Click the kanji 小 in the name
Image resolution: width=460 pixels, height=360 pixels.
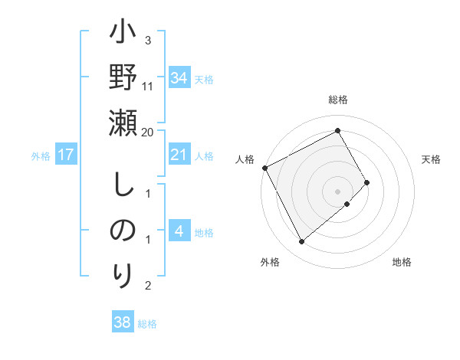(123, 34)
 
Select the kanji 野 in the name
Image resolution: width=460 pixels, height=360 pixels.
(123, 77)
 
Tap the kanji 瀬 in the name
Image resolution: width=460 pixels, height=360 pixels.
(123, 122)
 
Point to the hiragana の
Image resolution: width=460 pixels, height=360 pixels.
(123, 230)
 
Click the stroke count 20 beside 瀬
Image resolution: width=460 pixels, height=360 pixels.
(148, 133)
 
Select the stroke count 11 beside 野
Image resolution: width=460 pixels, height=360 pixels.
(148, 87)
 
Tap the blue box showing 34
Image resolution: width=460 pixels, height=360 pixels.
(179, 78)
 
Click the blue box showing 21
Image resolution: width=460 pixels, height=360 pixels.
(179, 155)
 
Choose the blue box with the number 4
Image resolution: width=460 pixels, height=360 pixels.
(179, 231)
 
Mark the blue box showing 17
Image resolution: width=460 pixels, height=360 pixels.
(65, 155)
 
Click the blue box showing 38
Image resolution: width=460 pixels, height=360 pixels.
(122, 322)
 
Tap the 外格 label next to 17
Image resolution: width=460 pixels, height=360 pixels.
(41, 156)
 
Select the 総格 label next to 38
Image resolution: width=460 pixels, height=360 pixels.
(147, 324)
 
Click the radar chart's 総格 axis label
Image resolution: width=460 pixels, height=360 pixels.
(338, 100)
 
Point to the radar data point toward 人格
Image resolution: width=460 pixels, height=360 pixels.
(264, 168)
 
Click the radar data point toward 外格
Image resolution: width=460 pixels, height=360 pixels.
(301, 242)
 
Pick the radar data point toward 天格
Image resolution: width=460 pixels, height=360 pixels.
(367, 182)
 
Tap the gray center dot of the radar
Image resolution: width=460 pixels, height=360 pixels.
(338, 191)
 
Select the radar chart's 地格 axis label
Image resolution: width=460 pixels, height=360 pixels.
(402, 262)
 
